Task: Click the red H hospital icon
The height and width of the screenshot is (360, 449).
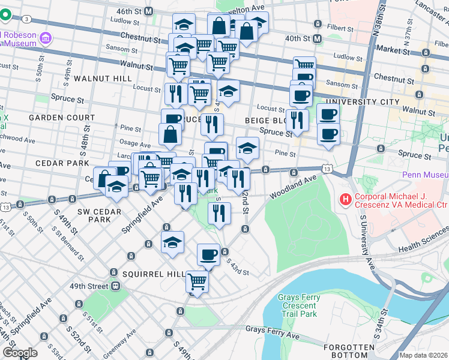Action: coord(345,199)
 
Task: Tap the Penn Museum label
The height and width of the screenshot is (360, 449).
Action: coord(424,175)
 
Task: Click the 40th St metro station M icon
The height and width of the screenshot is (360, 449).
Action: coord(318,38)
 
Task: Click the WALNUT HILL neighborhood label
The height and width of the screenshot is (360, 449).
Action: coord(98,79)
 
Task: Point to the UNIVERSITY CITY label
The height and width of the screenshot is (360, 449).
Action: coord(370,102)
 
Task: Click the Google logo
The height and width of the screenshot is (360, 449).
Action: coord(20,353)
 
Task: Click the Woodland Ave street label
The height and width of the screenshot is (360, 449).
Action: coord(293,187)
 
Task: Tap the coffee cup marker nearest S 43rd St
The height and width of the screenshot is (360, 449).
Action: coord(208,254)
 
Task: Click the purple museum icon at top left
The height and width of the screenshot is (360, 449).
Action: coord(44,39)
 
